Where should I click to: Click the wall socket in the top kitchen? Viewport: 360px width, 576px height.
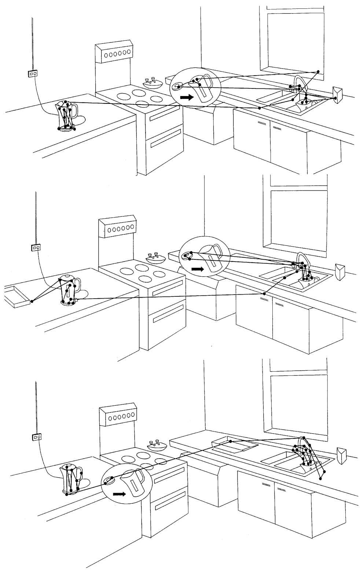pos(33,73)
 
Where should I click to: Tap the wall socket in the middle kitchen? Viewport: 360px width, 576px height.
pos(36,247)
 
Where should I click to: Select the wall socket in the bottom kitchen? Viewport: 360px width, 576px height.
pos(37,437)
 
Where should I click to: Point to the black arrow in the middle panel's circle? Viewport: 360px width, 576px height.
pos(198,269)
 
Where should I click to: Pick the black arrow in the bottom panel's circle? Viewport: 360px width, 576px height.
pos(119,494)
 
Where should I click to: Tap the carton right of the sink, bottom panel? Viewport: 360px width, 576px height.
pos(341,455)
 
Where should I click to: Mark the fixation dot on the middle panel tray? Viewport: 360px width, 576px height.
pos(32,301)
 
